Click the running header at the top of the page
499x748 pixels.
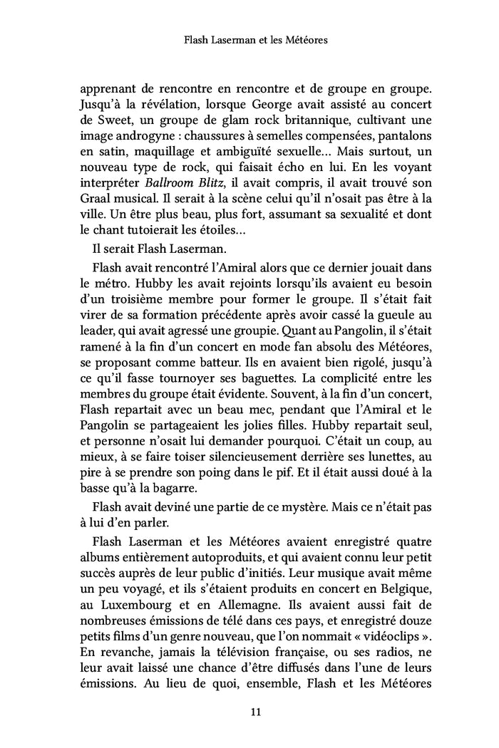254,41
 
